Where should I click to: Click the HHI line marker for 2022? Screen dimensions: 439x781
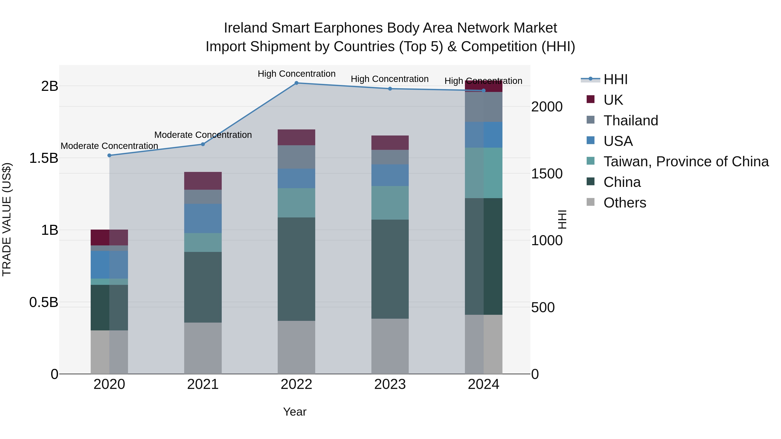pyautogui.click(x=297, y=83)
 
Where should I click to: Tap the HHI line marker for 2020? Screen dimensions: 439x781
pyautogui.click(x=110, y=155)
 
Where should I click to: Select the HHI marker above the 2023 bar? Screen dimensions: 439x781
pyautogui.click(x=390, y=89)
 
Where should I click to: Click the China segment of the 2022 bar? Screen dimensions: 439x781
pyautogui.click(x=297, y=269)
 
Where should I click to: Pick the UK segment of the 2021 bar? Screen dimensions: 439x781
pyautogui.click(x=203, y=181)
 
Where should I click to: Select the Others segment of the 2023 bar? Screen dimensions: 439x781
pyautogui.click(x=390, y=346)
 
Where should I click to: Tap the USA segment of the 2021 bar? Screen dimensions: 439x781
pyautogui.click(x=203, y=219)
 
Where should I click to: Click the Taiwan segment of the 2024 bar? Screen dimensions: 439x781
pyautogui.click(x=484, y=173)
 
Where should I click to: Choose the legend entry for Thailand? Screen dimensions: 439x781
pyautogui.click(x=631, y=121)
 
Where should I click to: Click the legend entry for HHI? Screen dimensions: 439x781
pyautogui.click(x=615, y=79)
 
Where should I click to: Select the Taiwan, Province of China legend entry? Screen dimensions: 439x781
pyautogui.click(x=686, y=162)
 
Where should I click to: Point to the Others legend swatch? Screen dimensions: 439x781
pyautogui.click(x=591, y=202)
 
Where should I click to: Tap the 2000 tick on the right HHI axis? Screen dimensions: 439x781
pyautogui.click(x=547, y=107)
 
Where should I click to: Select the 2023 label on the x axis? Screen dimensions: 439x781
pyautogui.click(x=390, y=384)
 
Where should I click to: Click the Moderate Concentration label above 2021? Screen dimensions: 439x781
pyautogui.click(x=203, y=135)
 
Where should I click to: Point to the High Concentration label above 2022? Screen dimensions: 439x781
pyautogui.click(x=297, y=74)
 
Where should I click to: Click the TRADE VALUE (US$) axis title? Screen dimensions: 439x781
pyautogui.click(x=7, y=219)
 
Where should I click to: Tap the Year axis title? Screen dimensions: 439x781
pyautogui.click(x=295, y=412)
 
